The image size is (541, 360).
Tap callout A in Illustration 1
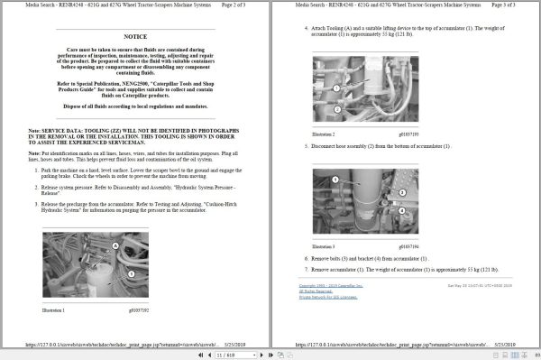115,245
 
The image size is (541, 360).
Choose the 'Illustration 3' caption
324,245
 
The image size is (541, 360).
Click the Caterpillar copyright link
330,285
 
